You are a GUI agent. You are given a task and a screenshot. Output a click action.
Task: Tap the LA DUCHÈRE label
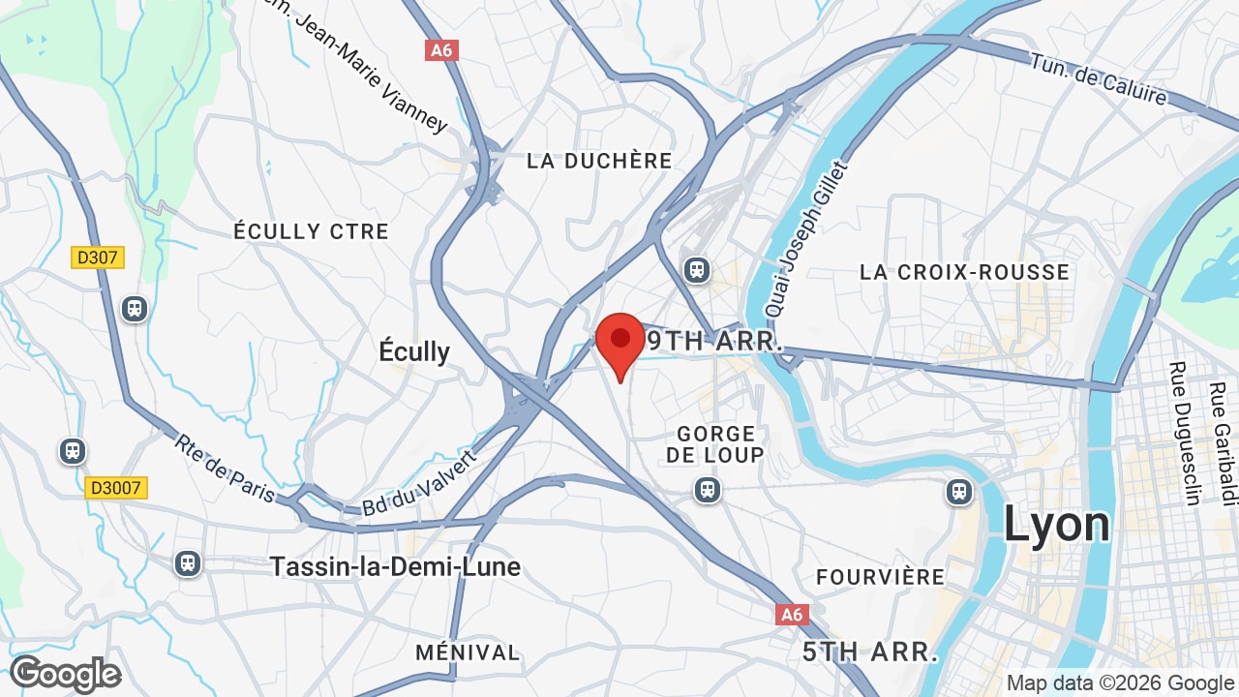(599, 161)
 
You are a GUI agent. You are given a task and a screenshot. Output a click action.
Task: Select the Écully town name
(414, 350)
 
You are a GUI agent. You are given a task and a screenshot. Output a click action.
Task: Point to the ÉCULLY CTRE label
(311, 231)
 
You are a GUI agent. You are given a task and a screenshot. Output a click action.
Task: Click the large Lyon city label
(1056, 525)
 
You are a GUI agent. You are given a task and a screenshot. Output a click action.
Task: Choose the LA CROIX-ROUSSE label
(964, 272)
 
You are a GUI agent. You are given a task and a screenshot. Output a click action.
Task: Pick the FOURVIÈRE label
(880, 577)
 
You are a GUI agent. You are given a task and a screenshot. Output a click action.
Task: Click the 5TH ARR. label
(870, 652)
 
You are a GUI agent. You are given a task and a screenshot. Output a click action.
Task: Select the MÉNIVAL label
(468, 652)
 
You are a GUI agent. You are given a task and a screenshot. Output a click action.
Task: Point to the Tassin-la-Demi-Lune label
(395, 566)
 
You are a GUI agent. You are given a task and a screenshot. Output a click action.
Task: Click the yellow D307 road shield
(98, 258)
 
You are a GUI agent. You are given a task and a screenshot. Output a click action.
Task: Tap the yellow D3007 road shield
(116, 488)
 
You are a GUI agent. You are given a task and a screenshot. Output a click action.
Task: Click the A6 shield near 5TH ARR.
(792, 614)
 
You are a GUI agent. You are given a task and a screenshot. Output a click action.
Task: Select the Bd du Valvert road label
(420, 482)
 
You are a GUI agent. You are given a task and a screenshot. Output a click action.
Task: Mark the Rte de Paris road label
(226, 469)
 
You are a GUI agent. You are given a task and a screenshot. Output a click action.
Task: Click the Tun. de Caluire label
(1099, 79)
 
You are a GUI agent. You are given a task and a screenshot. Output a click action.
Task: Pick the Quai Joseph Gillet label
(805, 238)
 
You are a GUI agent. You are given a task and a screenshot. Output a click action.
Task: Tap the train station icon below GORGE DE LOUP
(708, 490)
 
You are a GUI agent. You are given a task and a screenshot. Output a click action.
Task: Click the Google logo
(66, 675)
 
